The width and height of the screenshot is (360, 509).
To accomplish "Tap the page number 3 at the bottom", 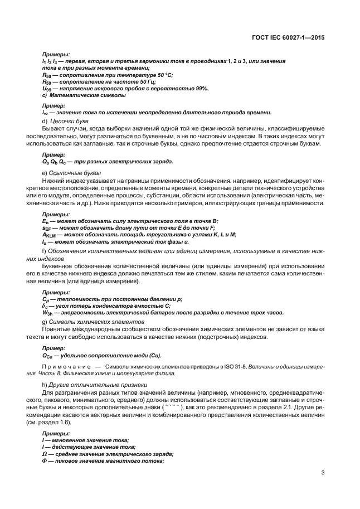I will pyautogui.click(x=323, y=473).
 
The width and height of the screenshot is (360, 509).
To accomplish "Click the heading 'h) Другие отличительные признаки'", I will pyautogui.click(x=94, y=386).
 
